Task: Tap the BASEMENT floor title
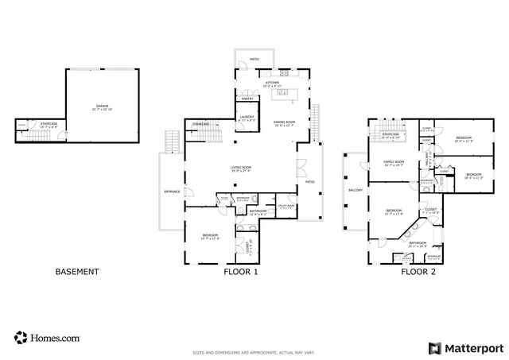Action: [77, 272]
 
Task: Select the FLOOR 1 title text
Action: [240, 272]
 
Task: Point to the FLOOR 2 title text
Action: [418, 272]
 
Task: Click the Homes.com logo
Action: [47, 338]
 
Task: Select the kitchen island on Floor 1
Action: [282, 94]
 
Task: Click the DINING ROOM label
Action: [284, 122]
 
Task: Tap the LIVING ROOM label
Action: [241, 168]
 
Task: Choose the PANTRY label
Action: [247, 99]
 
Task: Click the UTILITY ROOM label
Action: [286, 206]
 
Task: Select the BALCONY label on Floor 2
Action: [356, 191]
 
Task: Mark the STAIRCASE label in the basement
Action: [49, 123]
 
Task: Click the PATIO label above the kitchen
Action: [254, 59]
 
